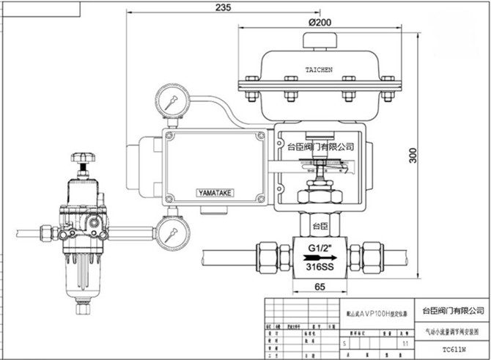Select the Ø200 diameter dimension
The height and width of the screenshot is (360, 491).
click(x=320, y=22)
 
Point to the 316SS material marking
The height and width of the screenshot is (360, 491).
click(x=320, y=268)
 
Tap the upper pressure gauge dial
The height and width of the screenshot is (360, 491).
click(x=171, y=101)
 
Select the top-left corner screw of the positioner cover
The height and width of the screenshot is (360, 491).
click(x=170, y=136)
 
